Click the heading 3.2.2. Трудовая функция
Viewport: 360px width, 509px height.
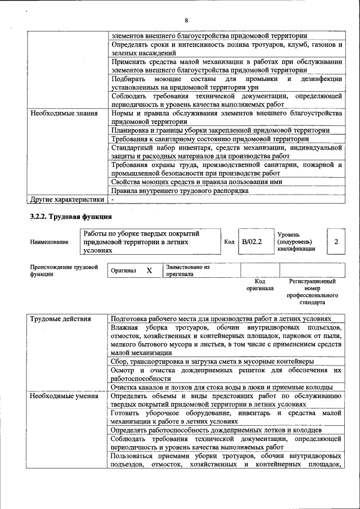pyautogui.click(x=71, y=216)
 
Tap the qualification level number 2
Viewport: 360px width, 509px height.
pyautogui.click(x=336, y=241)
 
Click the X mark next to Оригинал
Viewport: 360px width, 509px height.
pyautogui.click(x=149, y=271)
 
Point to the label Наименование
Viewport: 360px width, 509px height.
pyautogui.click(x=49, y=242)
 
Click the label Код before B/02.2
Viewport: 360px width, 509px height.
pyautogui.click(x=229, y=242)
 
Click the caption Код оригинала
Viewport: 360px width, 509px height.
pyautogui.click(x=260, y=285)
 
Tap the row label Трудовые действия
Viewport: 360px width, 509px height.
pyautogui.click(x=60, y=319)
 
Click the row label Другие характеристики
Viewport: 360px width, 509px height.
pyautogui.click(x=67, y=199)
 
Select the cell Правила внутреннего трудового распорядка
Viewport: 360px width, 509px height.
pyautogui.click(x=179, y=191)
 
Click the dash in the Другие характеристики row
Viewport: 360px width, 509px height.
pyautogui.click(x=112, y=199)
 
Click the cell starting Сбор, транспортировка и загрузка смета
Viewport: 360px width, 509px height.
pyautogui.click(x=212, y=361)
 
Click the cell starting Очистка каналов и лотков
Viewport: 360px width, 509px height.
pyautogui.click(x=222, y=387)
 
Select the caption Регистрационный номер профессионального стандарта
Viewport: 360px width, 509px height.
pyautogui.click(x=312, y=291)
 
